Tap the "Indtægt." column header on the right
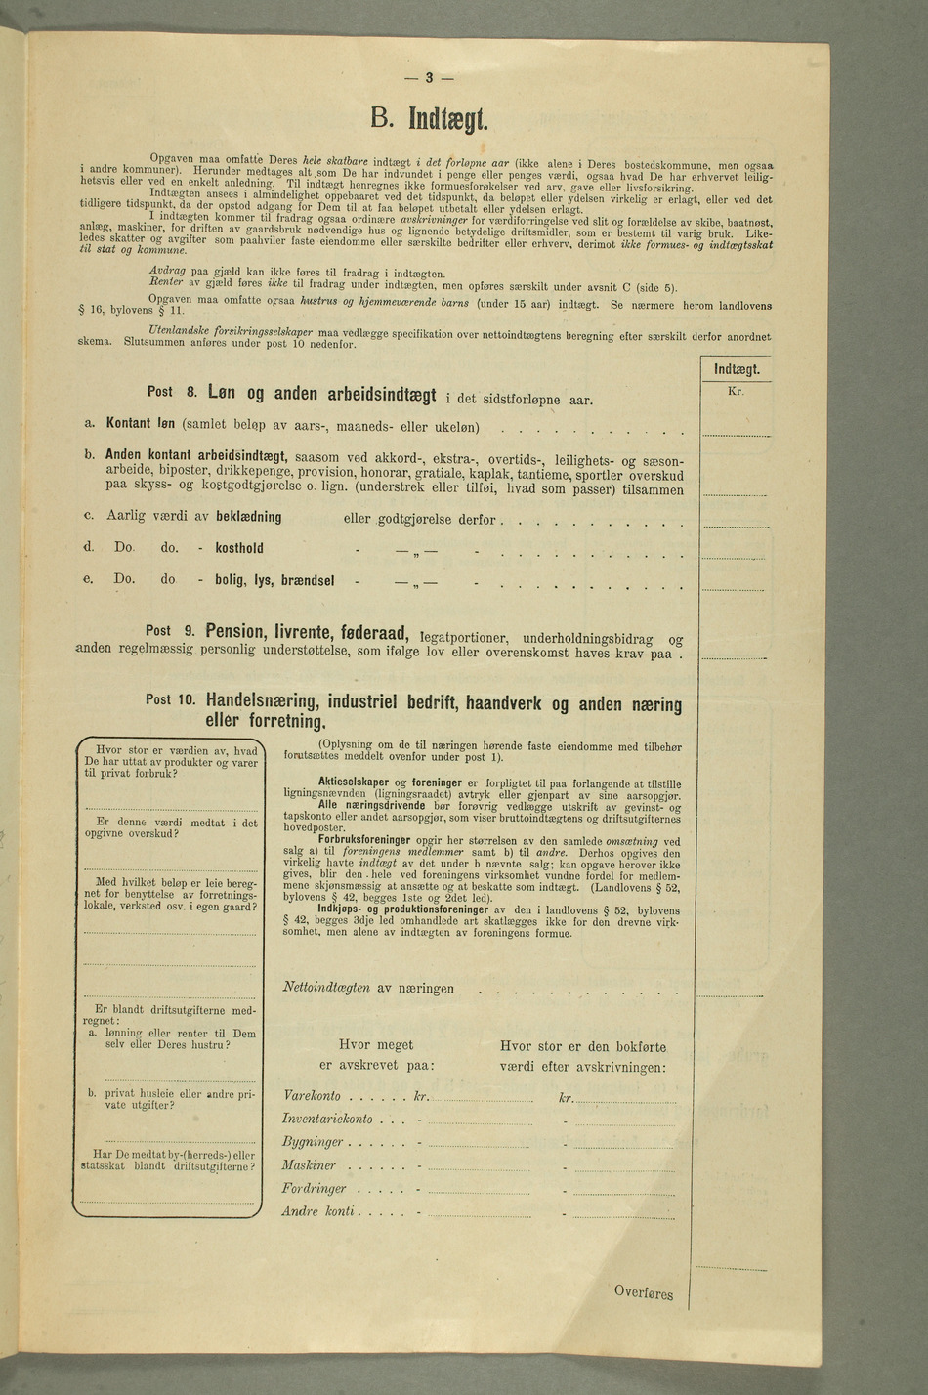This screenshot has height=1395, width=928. pos(737,369)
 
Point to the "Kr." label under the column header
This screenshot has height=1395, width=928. pos(737,391)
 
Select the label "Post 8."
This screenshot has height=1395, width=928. pos(173,392)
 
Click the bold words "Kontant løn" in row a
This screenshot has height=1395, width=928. pos(141,424)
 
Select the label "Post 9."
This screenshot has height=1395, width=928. pos(171,630)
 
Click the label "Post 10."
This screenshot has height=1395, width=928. pos(171,700)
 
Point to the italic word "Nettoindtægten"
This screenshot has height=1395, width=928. pos(326,988)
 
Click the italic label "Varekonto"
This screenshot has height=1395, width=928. pos(312,1096)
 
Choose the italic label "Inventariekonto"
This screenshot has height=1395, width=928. pos(327,1119)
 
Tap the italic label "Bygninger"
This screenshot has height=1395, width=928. pos(313,1142)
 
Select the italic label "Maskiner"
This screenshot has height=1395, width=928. pos(309,1165)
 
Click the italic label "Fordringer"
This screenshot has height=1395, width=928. pos(314,1189)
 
